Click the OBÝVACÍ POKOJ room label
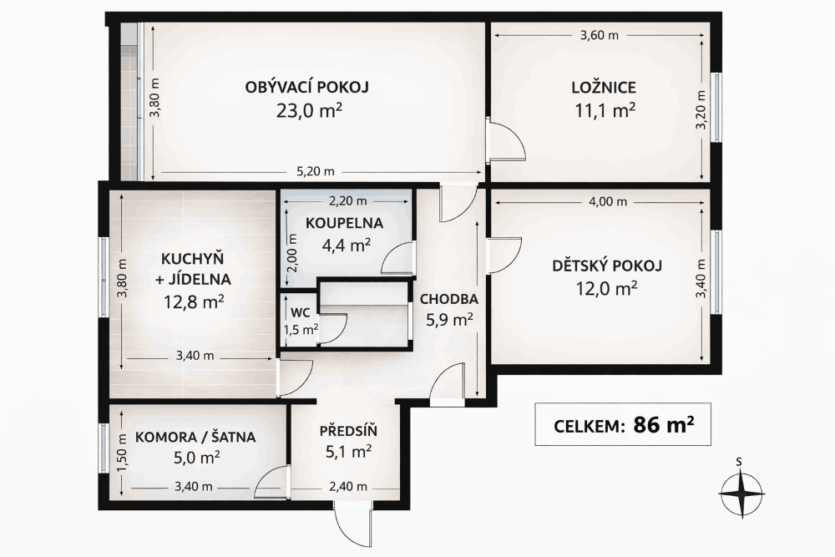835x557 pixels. click(306, 87)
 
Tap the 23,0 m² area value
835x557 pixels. click(309, 111)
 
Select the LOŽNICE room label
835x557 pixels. click(604, 88)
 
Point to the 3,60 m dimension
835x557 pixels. click(599, 36)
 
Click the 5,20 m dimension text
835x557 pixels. click(316, 171)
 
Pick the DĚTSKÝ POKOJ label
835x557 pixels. click(606, 266)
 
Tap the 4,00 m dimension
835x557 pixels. click(608, 202)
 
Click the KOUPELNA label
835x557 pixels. click(345, 223)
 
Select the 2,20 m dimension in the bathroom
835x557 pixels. click(347, 201)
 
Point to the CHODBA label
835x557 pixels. click(449, 299)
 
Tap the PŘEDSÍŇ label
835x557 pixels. click(348, 430)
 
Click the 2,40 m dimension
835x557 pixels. click(347, 486)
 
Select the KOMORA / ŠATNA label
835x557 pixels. click(195, 438)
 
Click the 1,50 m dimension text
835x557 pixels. click(123, 452)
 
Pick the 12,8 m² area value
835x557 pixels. click(194, 302)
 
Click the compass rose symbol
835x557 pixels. click(741, 493)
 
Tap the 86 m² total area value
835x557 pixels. click(664, 424)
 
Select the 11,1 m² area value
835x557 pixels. click(605, 111)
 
